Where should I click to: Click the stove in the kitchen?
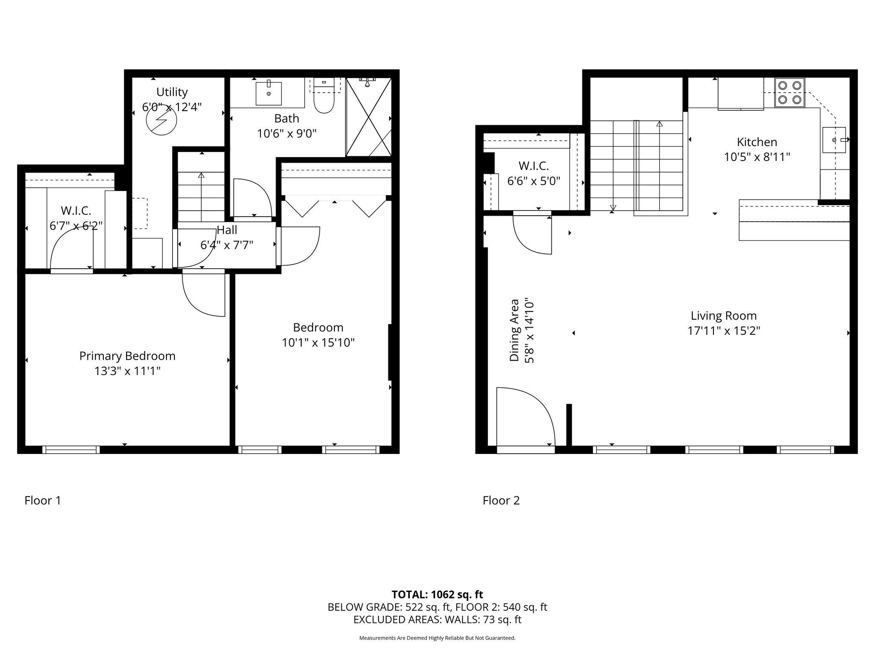790,93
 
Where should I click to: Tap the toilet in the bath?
324,96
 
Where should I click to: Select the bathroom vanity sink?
269,93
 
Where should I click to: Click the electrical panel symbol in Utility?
161,120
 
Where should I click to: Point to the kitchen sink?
834,140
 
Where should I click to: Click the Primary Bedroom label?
127,356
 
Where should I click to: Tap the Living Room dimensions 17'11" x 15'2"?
724,331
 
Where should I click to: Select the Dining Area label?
514,331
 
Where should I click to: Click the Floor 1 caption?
43,500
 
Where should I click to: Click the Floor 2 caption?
501,500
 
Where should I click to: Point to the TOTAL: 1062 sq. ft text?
437,594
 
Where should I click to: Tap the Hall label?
227,230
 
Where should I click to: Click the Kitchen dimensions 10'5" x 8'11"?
757,157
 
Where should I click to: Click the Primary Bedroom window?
71,449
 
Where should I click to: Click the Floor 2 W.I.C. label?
534,166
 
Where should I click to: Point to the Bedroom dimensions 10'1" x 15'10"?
318,343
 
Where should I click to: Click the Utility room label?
172,92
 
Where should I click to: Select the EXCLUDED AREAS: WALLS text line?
437,619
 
